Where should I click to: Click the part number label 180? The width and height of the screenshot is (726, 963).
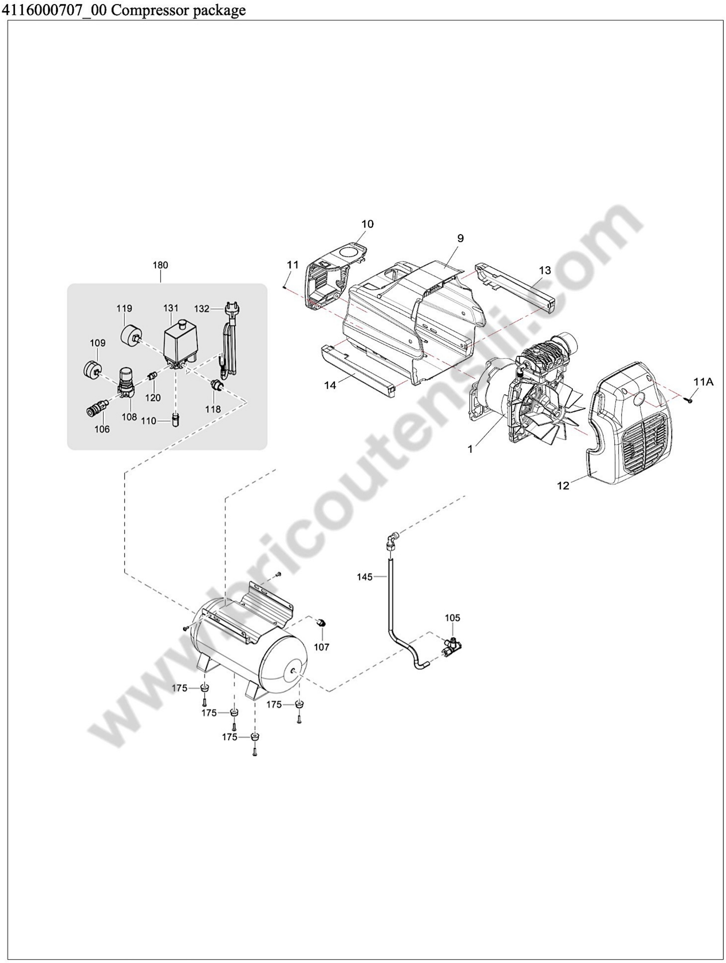(160, 265)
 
